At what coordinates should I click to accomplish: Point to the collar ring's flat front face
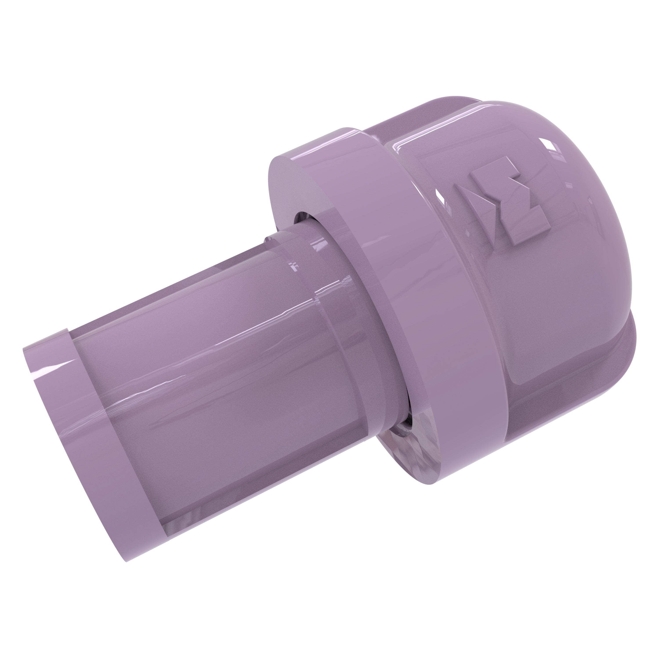tap(286, 191)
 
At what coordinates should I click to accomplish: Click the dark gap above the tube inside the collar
tap(302, 218)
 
